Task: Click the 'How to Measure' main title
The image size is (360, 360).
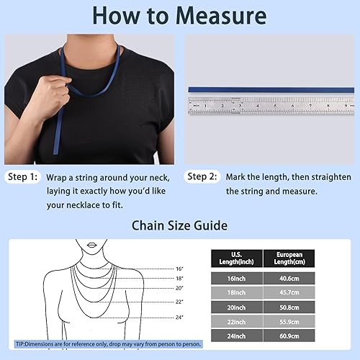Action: (x=179, y=16)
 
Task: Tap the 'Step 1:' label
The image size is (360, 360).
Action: (x=23, y=176)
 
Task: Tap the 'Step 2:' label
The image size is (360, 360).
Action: (x=203, y=176)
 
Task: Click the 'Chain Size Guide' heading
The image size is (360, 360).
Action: (x=179, y=226)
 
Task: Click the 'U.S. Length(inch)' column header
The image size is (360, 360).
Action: (x=237, y=258)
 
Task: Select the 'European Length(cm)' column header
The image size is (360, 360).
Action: (x=293, y=258)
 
